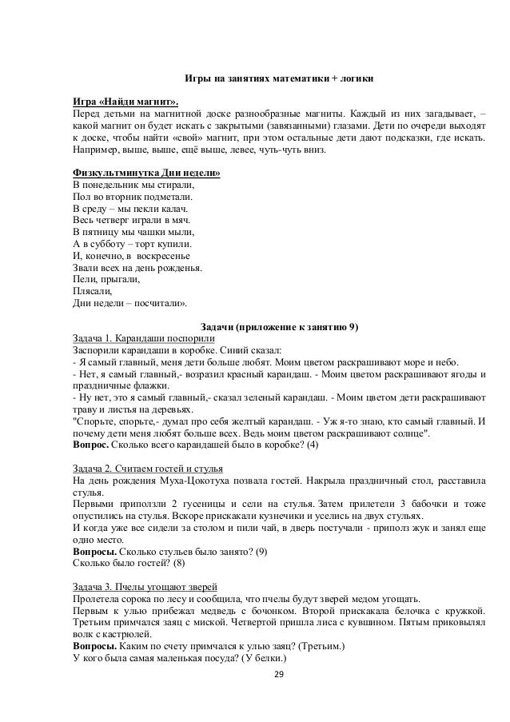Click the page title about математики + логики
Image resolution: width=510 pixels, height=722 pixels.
tap(279, 81)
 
